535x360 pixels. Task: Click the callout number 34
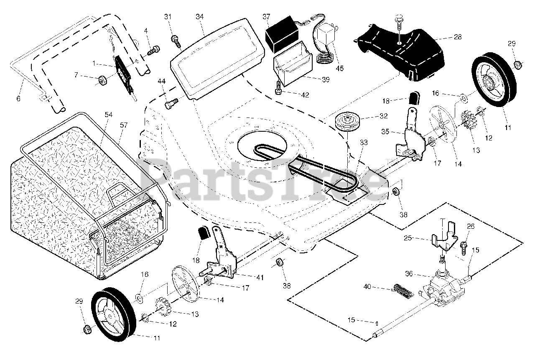pyautogui.click(x=199, y=17)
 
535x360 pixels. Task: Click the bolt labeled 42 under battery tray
pyautogui.click(x=279, y=89)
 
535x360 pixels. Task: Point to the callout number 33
pyautogui.click(x=363, y=143)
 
